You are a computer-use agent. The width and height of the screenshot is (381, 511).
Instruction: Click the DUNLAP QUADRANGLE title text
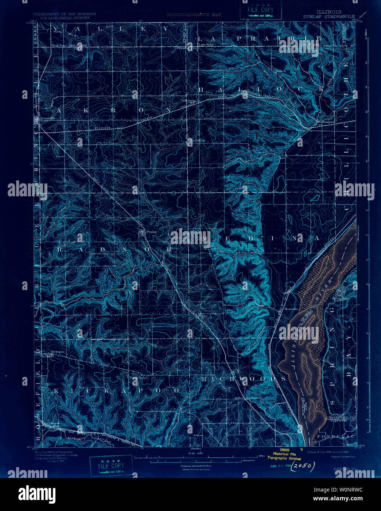pos(329,17)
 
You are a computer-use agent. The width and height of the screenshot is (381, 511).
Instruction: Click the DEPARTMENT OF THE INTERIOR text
pos(65,14)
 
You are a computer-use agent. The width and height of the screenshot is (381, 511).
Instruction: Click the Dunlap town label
pos(151,232)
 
